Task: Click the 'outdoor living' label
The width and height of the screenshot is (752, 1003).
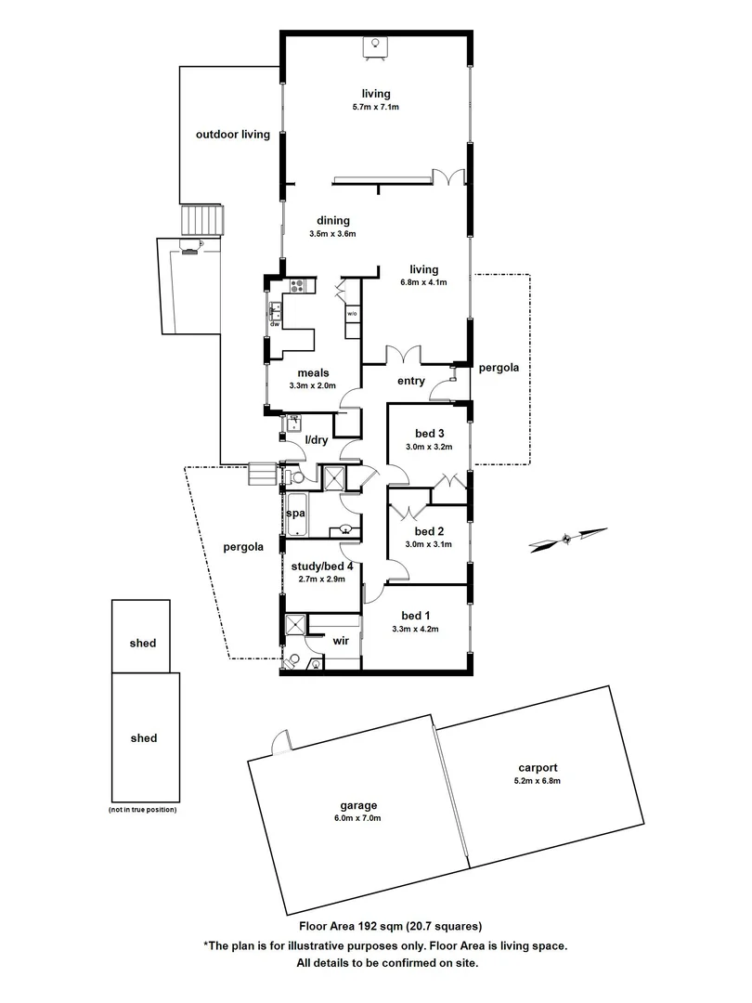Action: (232, 135)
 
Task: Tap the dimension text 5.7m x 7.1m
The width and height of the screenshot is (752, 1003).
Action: (376, 108)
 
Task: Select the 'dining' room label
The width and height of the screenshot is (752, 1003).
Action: (332, 221)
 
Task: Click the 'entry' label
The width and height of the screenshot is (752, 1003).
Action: (410, 381)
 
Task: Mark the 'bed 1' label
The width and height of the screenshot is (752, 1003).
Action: (414, 616)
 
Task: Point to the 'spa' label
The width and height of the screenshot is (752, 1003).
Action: (296, 513)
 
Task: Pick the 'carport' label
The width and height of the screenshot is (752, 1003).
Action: (538, 768)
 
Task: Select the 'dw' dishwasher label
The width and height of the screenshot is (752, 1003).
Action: (275, 324)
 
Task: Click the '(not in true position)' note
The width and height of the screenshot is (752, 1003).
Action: (142, 810)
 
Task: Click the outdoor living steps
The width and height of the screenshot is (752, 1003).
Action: (202, 221)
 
